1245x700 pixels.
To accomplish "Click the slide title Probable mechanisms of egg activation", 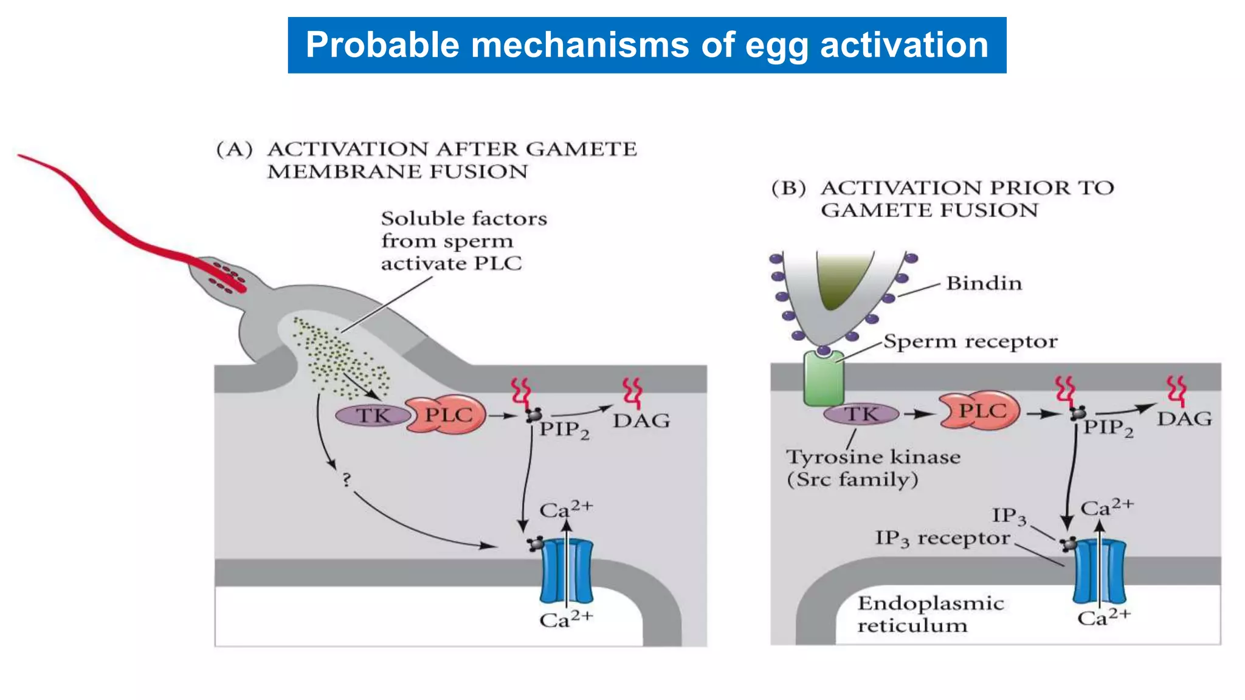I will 647,46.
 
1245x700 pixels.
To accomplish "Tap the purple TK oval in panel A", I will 373,416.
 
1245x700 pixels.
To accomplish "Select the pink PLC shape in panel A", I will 447,416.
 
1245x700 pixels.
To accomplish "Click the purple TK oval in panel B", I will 861,414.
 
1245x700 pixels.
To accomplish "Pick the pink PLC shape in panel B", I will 979,411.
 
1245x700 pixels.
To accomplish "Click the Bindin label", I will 984,283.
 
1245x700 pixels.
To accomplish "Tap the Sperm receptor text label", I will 970,341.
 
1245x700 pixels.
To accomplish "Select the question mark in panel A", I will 347,480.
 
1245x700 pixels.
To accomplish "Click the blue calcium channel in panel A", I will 566,571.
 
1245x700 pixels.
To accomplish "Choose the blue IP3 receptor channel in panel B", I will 1099,571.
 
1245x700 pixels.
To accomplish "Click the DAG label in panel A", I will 641,420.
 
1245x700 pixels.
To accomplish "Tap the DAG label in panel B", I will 1184,419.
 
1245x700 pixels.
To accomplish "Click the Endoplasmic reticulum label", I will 930,614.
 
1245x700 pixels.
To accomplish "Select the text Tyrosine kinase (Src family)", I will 873,468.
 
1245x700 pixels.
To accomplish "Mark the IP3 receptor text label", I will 942,538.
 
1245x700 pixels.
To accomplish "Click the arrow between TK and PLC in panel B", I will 919,414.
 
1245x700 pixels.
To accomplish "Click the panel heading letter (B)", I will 788,188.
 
